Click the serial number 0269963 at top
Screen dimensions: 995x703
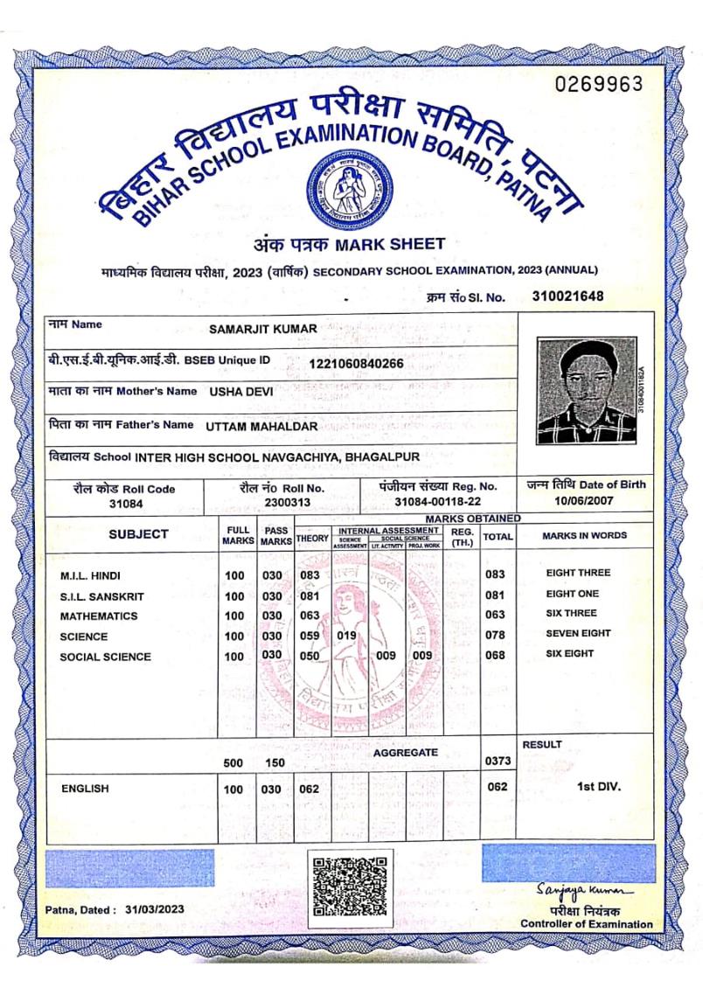pos(599,84)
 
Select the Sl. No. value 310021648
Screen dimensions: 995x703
pos(567,296)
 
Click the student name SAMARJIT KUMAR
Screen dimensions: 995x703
pos(263,329)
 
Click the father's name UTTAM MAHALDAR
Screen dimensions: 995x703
pos(262,426)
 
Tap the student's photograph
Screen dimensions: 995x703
pos(586,392)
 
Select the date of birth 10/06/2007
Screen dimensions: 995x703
pos(585,501)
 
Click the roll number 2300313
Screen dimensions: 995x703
pos(282,502)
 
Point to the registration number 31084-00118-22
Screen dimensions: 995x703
pos(437,501)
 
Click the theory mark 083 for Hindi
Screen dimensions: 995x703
pos(310,574)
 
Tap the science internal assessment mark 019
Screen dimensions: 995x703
pos(347,636)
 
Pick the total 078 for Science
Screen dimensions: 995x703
pos(496,636)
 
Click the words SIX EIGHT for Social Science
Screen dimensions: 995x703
pos(569,654)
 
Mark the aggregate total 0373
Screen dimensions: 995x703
pos(497,762)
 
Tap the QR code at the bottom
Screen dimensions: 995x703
pos(348,886)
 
